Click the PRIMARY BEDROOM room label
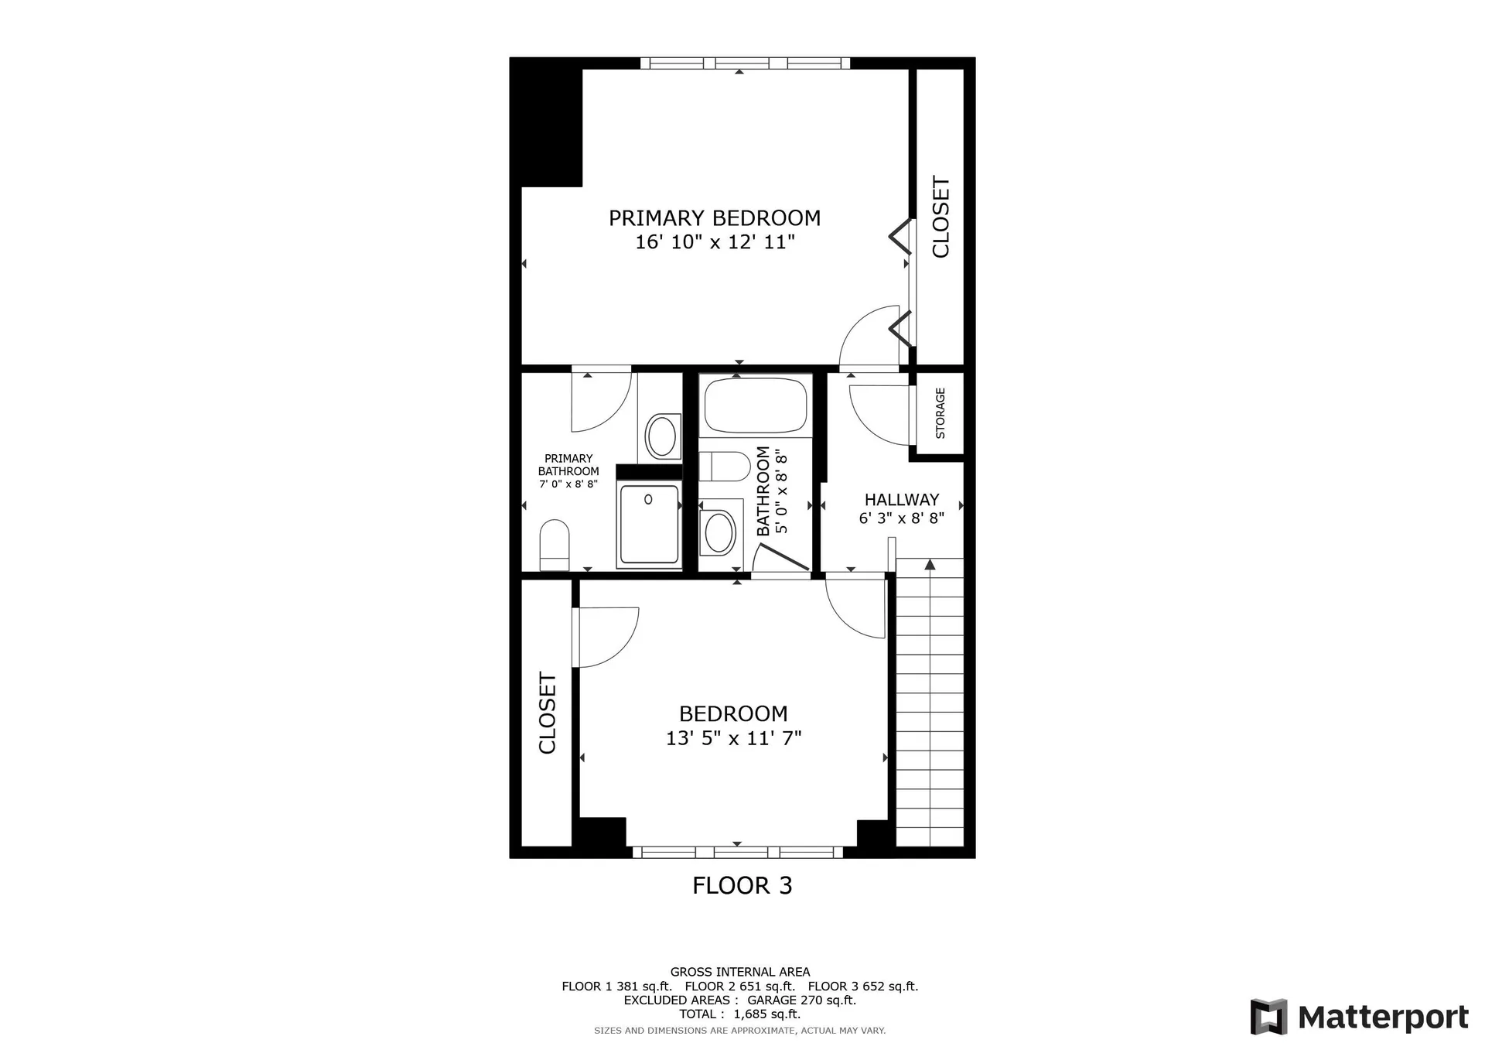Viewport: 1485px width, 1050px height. pos(714,218)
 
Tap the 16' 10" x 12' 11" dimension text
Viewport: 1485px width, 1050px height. pos(715,243)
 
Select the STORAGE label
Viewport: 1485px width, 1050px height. pos(940,413)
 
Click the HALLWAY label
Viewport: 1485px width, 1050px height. pos(902,500)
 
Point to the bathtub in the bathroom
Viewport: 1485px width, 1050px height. pos(755,405)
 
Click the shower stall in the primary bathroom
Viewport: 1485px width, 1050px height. pos(649,524)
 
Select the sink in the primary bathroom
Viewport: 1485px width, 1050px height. pos(661,436)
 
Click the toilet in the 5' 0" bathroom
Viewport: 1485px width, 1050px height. pos(724,467)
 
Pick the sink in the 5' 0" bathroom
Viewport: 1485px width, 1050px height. pos(719,532)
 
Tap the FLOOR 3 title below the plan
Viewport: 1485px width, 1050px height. pos(742,886)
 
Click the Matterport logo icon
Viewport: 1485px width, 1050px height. pos(1268,1017)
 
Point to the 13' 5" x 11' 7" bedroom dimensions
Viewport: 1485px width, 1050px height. pos(733,738)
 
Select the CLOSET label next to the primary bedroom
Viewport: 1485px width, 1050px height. pos(940,217)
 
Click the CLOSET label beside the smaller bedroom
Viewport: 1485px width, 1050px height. pos(547,713)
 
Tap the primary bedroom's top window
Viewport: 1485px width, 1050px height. pos(744,63)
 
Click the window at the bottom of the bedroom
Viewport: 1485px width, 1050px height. pos(737,852)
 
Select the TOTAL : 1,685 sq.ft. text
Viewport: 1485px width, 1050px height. pos(739,1014)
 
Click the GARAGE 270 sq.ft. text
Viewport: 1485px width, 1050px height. pos(801,1000)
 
